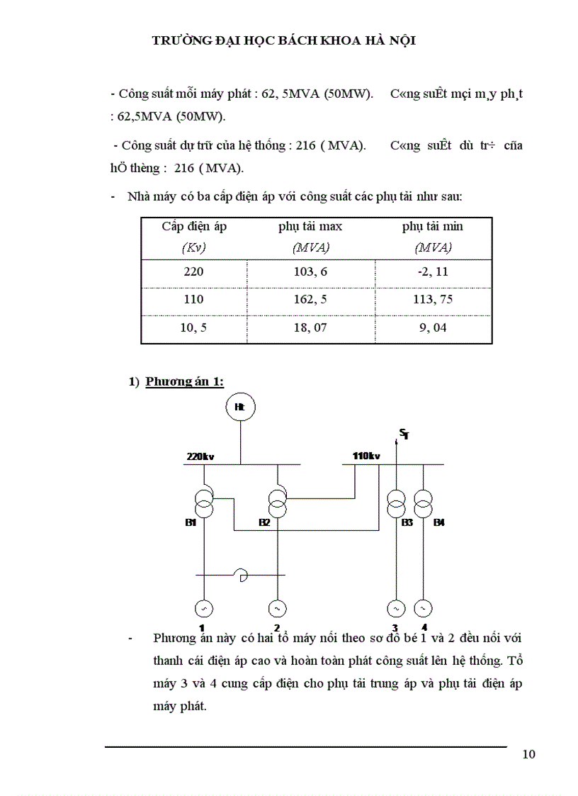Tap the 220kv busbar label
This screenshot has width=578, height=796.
coord(200,456)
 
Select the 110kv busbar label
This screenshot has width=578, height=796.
coord(366,456)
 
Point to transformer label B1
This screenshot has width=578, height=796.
coord(191,522)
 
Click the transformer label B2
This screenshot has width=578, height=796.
coord(264,522)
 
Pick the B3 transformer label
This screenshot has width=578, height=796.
coord(407,522)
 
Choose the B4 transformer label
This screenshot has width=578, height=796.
coord(439,522)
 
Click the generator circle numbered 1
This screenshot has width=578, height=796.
coord(203,608)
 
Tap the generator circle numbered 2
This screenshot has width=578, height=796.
coord(277,608)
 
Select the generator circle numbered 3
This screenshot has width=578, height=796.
coord(395,608)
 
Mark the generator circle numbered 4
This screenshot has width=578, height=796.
coord(423,608)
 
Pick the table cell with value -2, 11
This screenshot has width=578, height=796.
coord(433,271)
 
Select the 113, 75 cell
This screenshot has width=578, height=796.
coord(433,299)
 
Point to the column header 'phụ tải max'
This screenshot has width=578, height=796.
coord(310,226)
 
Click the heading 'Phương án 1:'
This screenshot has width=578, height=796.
coord(184,381)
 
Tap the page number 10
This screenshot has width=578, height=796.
coord(528,753)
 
